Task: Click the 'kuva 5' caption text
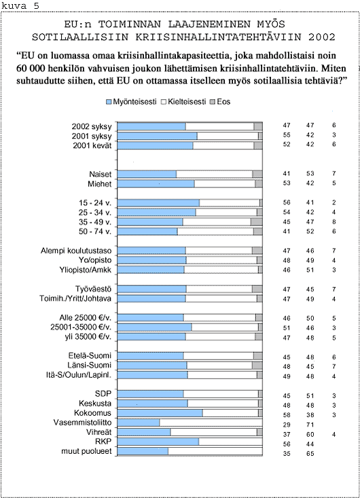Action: pos(20,5)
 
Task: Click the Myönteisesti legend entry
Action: pos(131,102)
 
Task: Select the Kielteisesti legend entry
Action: pos(184,102)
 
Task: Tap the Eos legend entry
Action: pos(220,102)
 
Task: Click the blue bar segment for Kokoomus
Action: pos(160,413)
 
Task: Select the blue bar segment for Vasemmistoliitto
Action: pos(138,423)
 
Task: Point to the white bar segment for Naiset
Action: pos(214,174)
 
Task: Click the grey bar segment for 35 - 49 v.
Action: pos(257,221)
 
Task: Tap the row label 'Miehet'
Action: pos(100,184)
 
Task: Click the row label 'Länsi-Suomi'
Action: pos(89,366)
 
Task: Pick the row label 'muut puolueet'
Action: pos(86,451)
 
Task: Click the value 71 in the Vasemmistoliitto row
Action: pos(310,425)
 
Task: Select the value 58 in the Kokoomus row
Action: pos(287,415)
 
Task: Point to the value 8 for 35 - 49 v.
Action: pos(334,221)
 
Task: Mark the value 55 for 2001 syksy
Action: pos(287,135)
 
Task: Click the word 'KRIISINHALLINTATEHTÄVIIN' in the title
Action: pos(219,37)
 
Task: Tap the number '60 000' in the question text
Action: pos(29,69)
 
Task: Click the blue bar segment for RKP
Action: pos(158,442)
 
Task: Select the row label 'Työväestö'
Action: pos(93,289)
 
